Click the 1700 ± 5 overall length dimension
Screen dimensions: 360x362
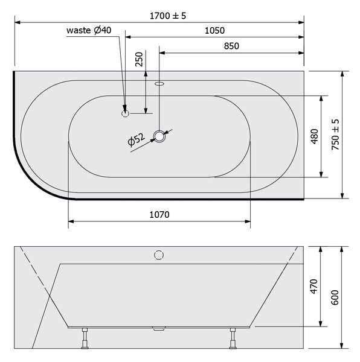click(x=168, y=16)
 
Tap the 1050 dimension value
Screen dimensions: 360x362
click(x=214, y=31)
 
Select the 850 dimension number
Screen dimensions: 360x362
click(x=231, y=46)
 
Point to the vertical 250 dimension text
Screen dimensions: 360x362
click(x=139, y=59)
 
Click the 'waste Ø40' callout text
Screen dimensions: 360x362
click(x=89, y=30)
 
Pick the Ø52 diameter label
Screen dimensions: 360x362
click(x=136, y=140)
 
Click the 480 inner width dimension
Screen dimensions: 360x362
click(x=315, y=136)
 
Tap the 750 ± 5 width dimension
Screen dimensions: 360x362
click(x=335, y=135)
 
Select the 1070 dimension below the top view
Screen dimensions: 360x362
click(x=159, y=215)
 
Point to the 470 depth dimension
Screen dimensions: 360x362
click(x=314, y=286)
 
